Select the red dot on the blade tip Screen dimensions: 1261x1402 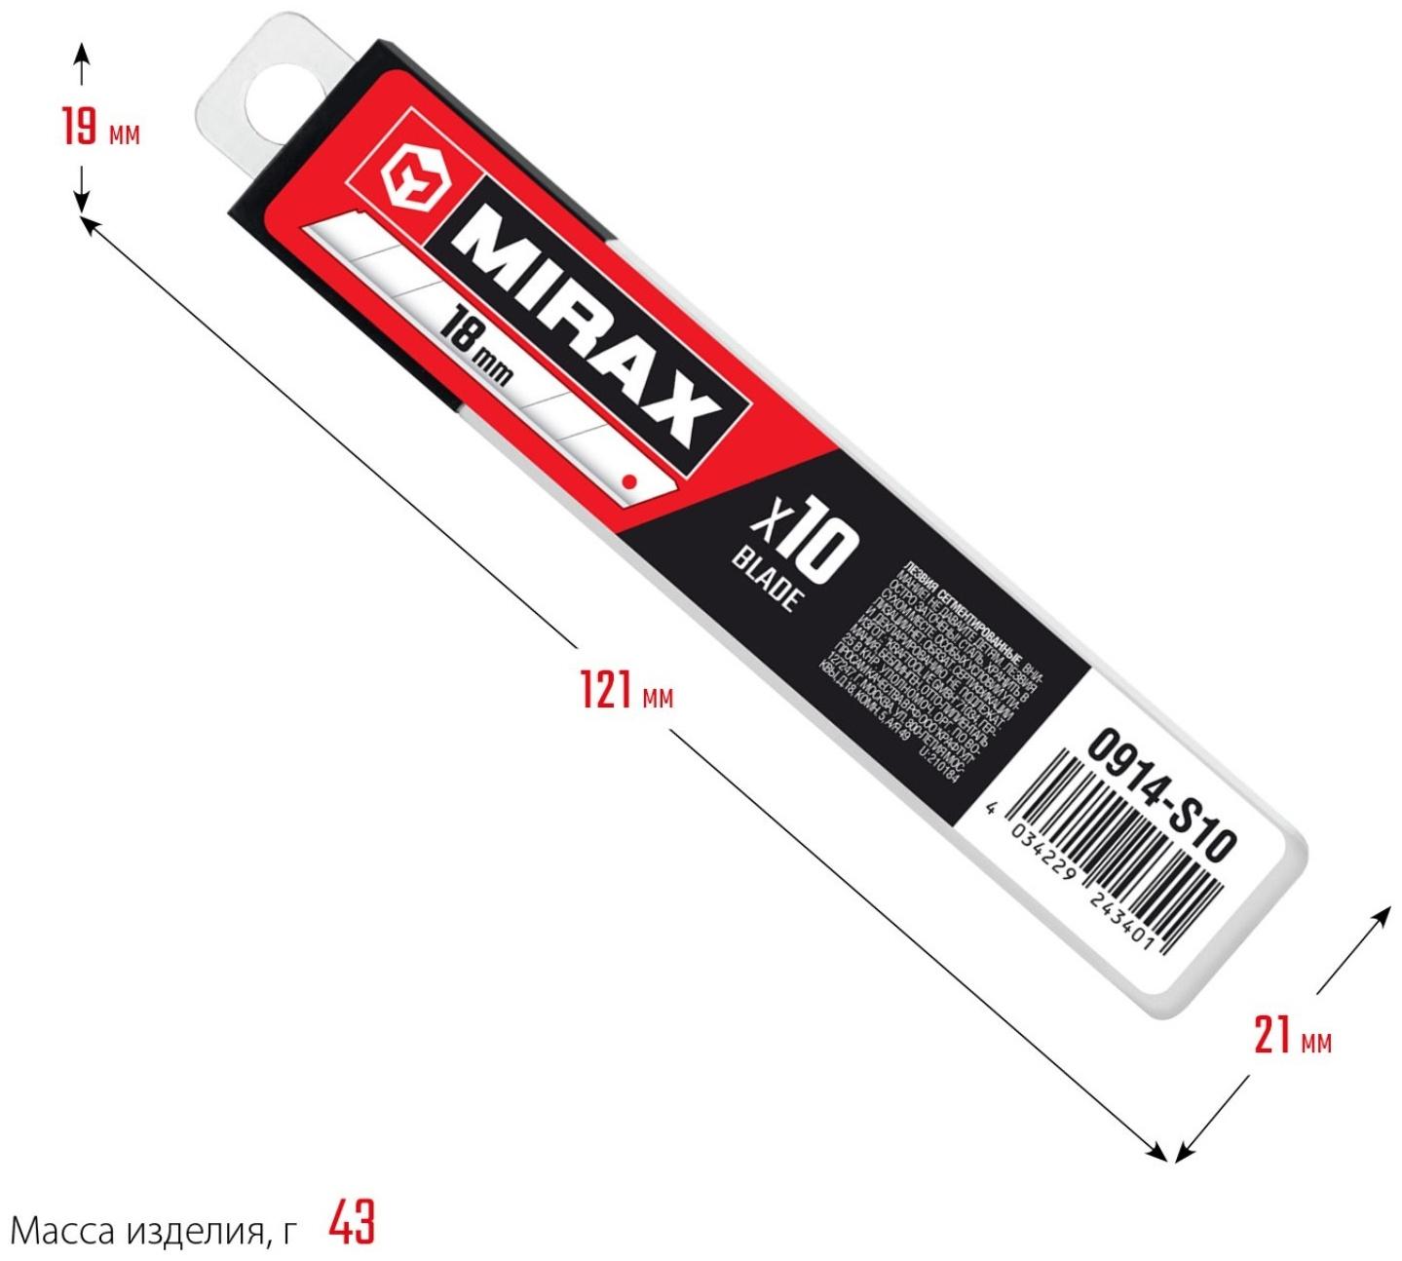click(x=628, y=480)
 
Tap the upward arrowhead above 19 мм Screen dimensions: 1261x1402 click(x=82, y=49)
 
